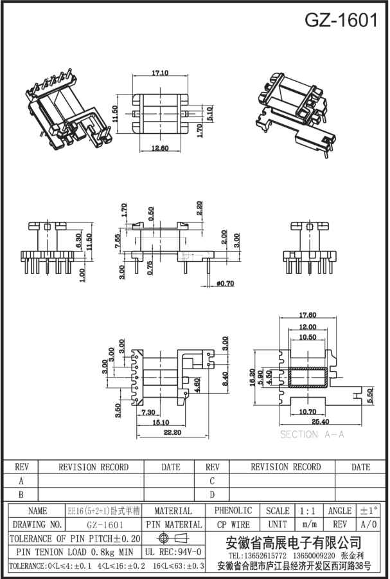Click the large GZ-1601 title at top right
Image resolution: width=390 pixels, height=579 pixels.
[341, 21]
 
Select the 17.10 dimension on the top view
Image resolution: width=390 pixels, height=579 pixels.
[160, 73]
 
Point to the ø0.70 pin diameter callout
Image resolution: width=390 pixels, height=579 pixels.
[225, 283]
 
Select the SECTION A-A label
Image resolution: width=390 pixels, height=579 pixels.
[312, 435]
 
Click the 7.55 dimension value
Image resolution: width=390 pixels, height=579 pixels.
[117, 241]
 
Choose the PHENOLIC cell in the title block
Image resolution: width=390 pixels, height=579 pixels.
[233, 511]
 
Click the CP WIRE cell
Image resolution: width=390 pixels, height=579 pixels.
[233, 525]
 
